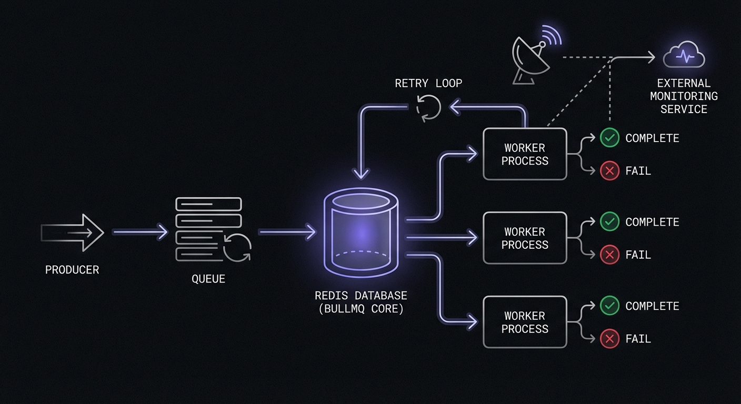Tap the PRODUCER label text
[72, 270]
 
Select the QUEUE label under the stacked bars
[208, 279]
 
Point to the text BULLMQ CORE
[361, 309]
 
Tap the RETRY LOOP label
[428, 83]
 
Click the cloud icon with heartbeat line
[684, 55]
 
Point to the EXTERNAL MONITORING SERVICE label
[684, 96]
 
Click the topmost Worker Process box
[525, 154]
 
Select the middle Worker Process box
[525, 238]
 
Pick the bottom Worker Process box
[525, 322]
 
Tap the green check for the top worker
[609, 138]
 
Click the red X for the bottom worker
[609, 339]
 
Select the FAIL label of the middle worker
[638, 255]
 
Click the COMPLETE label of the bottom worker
[652, 306]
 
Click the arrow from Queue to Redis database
[287, 231]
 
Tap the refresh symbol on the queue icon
[237, 247]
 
